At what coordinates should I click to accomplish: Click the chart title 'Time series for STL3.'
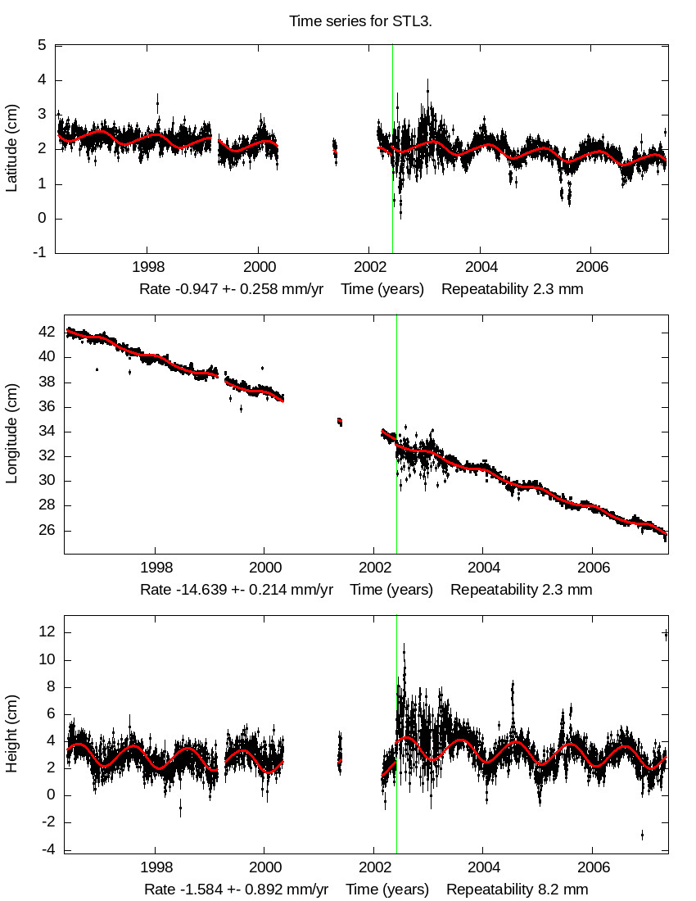[x=360, y=21]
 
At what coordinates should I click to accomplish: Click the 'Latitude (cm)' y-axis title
[x=11, y=148]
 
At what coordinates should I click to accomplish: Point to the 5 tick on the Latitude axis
[x=41, y=46]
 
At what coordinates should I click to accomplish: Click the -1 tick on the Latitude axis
[x=39, y=253]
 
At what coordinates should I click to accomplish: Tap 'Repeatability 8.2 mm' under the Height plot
[x=517, y=890]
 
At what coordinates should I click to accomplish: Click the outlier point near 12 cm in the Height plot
[x=666, y=634]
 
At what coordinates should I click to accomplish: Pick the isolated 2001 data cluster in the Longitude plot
[x=340, y=422]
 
